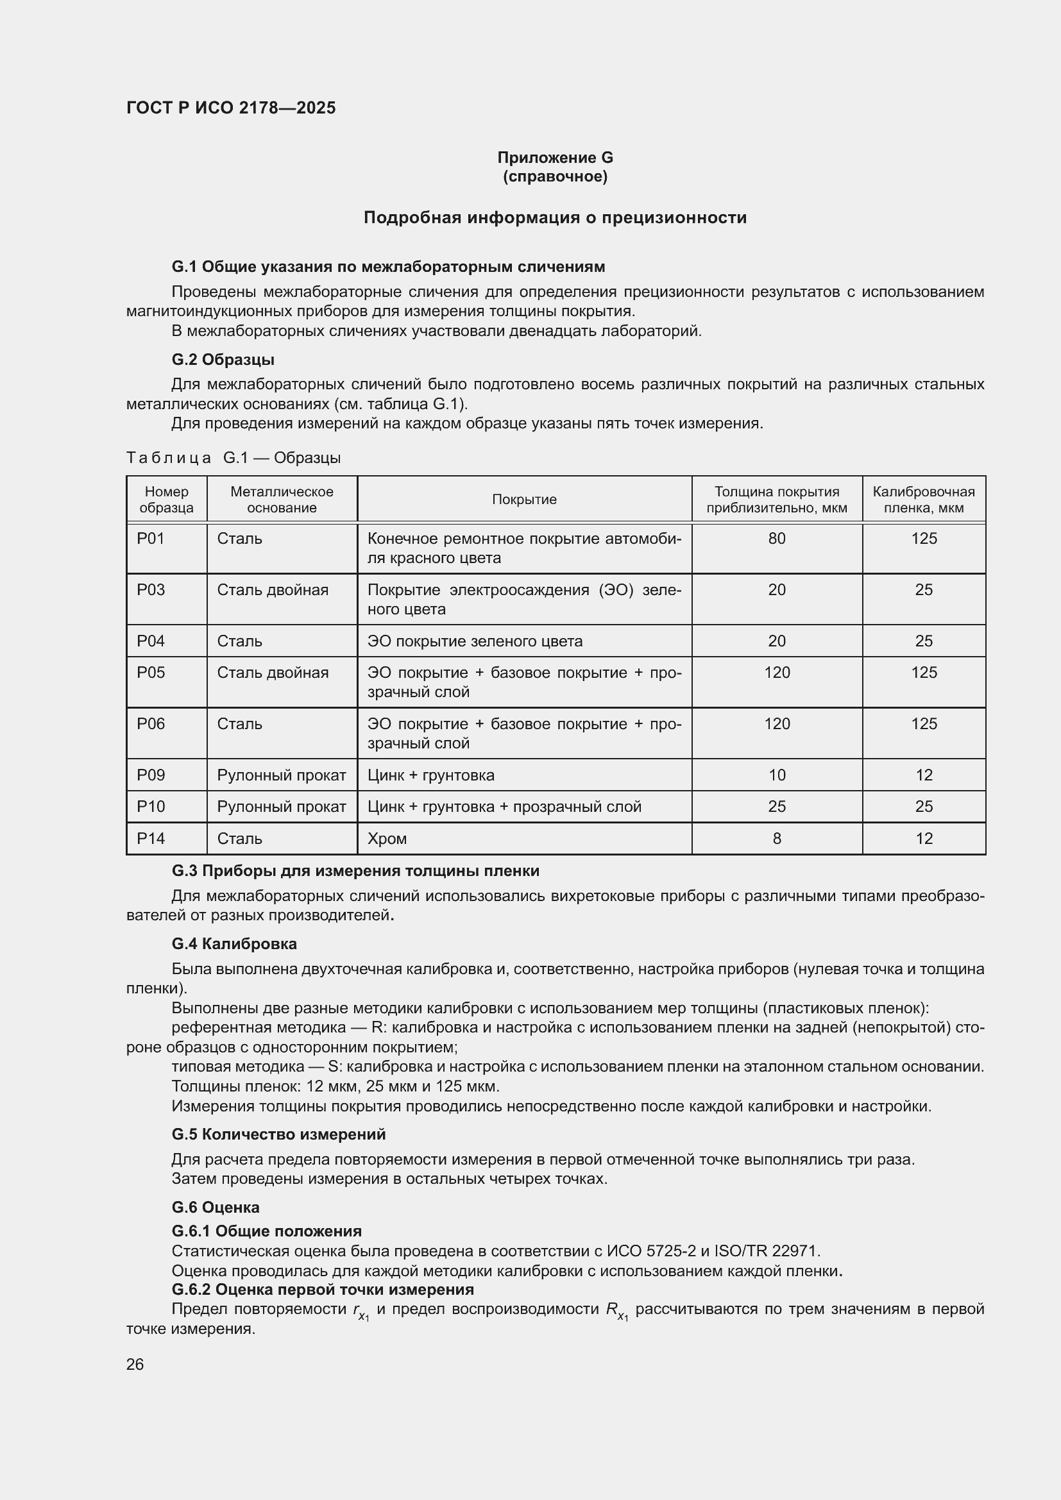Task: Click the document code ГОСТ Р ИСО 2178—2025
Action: [231, 108]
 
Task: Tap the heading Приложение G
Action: [555, 158]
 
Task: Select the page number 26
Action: [135, 1364]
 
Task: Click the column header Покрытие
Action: [524, 499]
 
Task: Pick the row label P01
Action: [151, 538]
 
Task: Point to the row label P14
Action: [151, 838]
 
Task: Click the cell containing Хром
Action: [387, 838]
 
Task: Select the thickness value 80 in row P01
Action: [776, 538]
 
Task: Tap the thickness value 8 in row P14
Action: [776, 838]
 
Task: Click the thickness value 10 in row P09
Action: [776, 775]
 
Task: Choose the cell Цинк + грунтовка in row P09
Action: [430, 775]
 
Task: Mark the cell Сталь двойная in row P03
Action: [273, 590]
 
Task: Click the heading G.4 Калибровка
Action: [234, 943]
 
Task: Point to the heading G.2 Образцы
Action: [223, 359]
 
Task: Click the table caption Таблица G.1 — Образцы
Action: [233, 457]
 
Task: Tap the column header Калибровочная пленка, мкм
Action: [923, 499]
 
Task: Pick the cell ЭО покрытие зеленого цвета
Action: [475, 641]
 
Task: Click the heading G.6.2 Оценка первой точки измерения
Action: [323, 1289]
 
